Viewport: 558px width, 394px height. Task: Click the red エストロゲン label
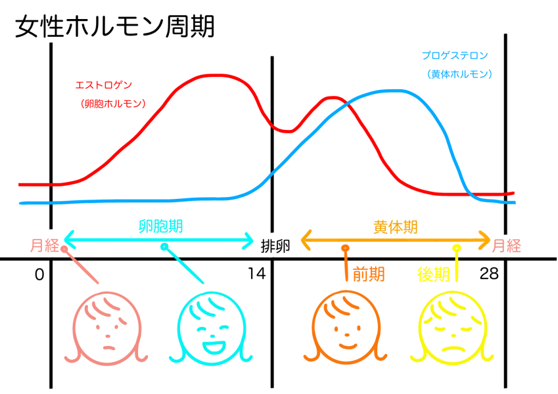click(104, 85)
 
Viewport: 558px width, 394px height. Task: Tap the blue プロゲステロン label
click(455, 56)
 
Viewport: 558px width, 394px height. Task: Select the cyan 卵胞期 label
click(160, 227)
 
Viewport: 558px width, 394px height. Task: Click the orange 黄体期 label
click(395, 227)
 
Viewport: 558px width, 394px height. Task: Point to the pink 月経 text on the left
click(44, 246)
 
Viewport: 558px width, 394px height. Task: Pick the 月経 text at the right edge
click(506, 246)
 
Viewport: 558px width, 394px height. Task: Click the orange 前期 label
click(368, 274)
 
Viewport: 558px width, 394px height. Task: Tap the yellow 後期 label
click(434, 274)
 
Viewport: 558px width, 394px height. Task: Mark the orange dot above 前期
click(344, 248)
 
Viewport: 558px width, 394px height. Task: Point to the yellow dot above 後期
click(457, 248)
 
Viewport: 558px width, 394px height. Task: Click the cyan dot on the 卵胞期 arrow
click(164, 247)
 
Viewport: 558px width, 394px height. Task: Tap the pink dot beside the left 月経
click(64, 250)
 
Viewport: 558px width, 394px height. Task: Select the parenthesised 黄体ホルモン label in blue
click(459, 74)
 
